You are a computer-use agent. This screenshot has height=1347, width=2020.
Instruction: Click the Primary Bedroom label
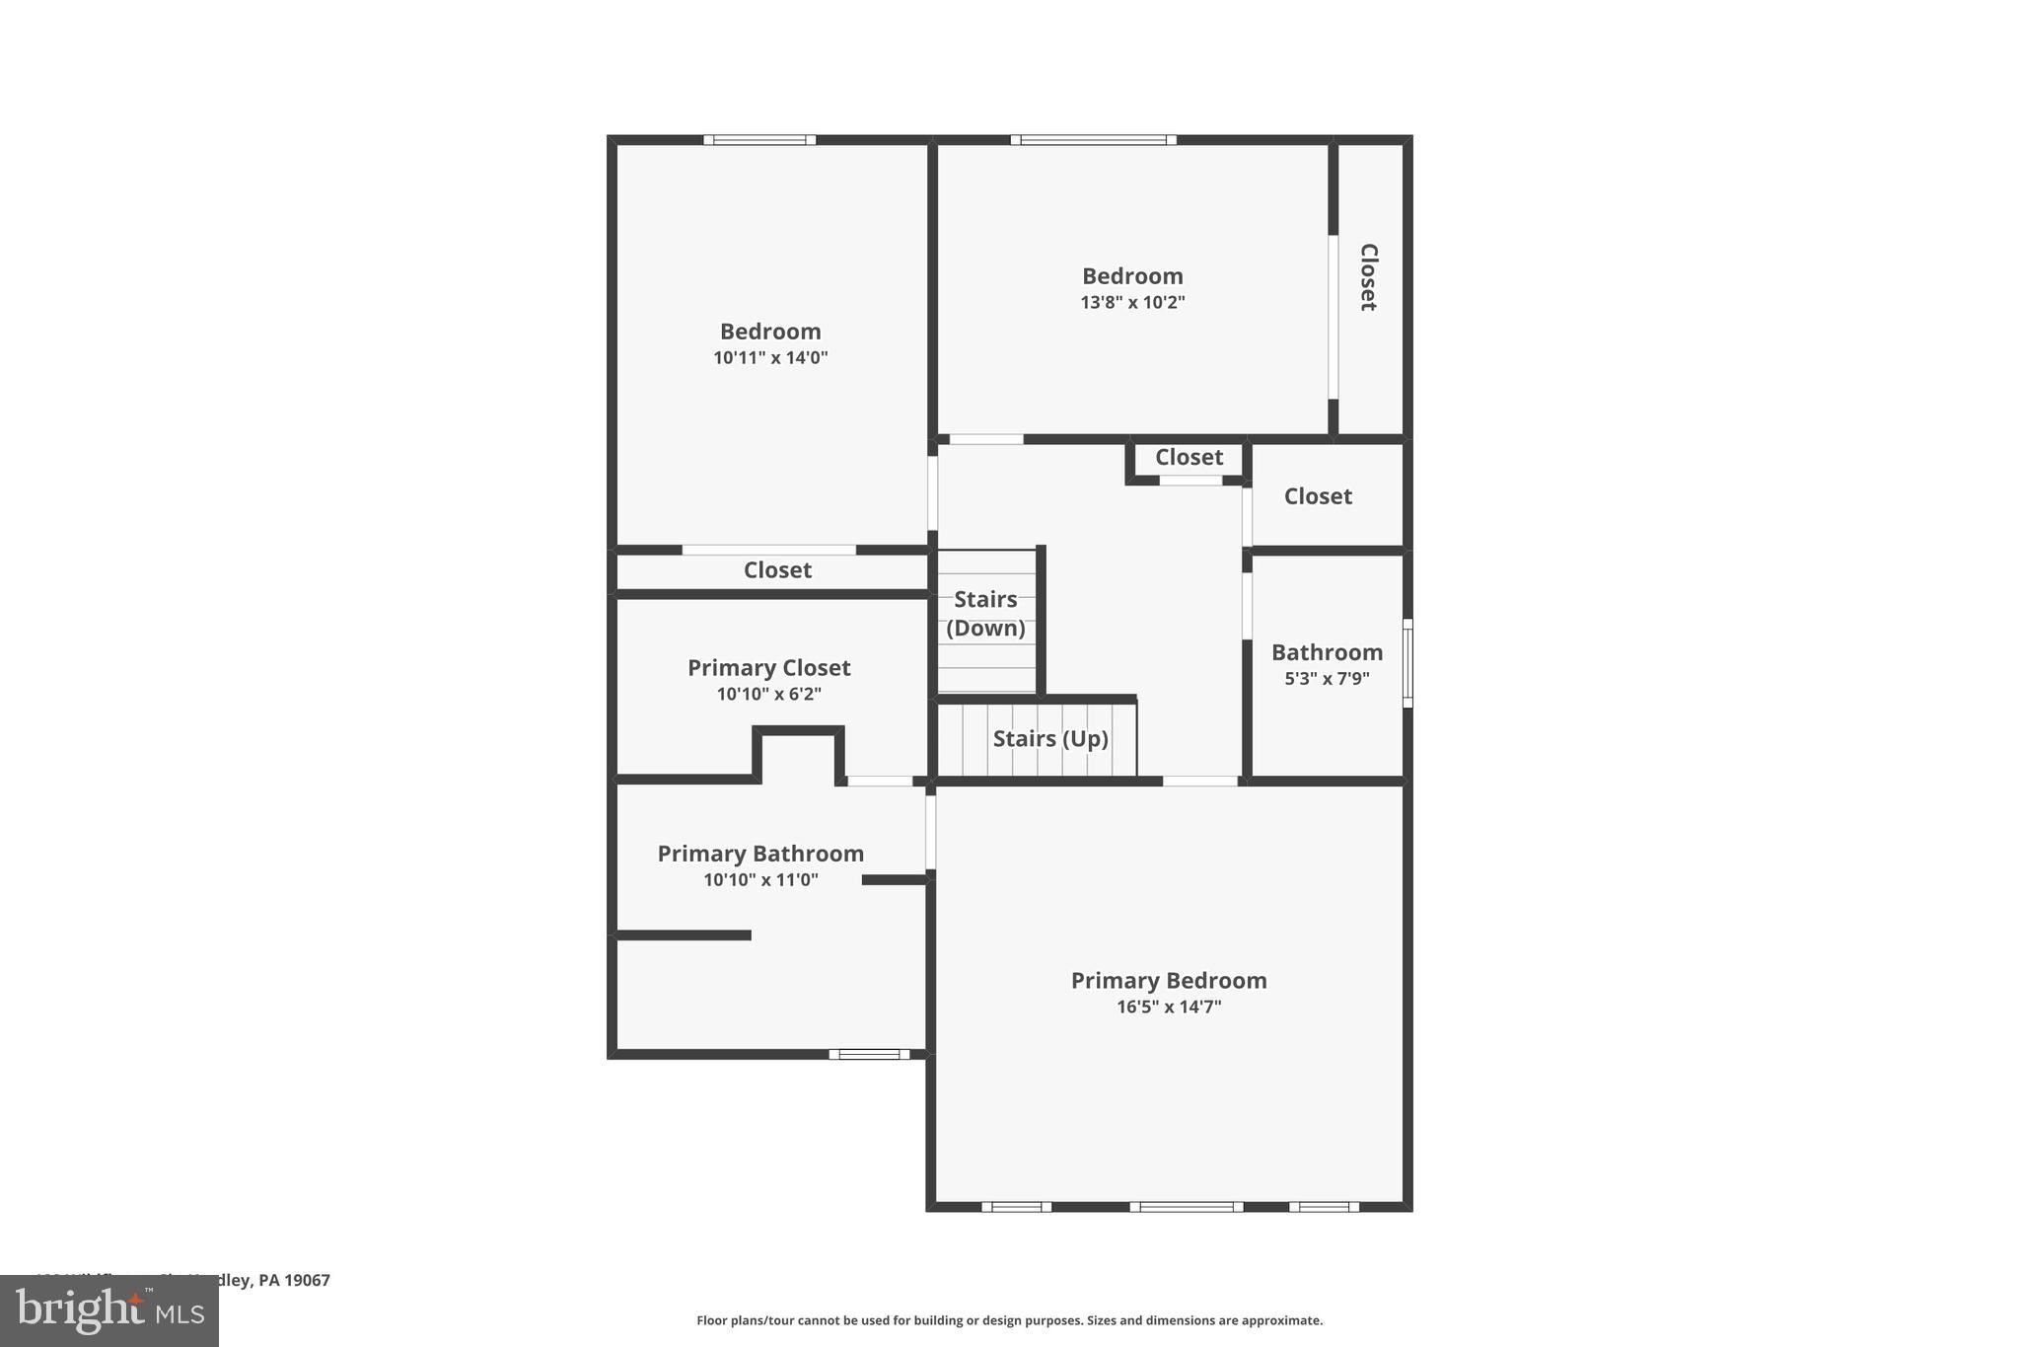tap(1169, 980)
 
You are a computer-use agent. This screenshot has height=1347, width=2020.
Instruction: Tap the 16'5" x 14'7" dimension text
tap(1169, 1007)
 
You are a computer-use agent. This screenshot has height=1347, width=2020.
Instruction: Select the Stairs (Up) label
tap(1050, 738)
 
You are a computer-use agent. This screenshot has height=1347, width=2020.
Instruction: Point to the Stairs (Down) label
tap(985, 613)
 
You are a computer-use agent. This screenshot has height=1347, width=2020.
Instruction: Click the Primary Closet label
tap(768, 667)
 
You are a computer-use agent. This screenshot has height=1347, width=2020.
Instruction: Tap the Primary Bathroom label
tap(760, 854)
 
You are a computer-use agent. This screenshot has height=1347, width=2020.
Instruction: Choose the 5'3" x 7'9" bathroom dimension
tap(1327, 678)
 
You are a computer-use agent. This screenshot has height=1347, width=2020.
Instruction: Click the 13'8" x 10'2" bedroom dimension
tap(1132, 302)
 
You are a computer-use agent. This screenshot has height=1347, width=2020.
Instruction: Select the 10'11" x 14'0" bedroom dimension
tap(770, 357)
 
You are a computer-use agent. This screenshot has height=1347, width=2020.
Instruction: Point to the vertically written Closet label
tap(1368, 277)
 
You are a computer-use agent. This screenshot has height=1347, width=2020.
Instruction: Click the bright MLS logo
tap(109, 1310)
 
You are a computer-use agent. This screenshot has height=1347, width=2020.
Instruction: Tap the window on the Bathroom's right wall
tap(1407, 662)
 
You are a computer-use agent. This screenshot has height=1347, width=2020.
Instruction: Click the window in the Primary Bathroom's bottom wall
tap(869, 1054)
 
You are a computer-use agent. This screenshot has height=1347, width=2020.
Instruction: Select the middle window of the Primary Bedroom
tap(1186, 1206)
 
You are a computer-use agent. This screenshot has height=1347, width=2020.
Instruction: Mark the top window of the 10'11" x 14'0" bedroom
tap(759, 140)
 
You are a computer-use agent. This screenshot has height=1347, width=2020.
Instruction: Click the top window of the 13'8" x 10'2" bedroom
tap(1093, 140)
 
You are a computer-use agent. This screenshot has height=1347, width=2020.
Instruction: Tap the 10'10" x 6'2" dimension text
tap(768, 694)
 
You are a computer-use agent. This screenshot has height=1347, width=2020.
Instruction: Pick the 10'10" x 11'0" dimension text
tap(760, 879)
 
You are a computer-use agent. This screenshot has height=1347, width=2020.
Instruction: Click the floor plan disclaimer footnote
tap(1009, 1320)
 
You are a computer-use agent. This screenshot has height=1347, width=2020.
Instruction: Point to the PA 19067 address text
tap(293, 1280)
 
